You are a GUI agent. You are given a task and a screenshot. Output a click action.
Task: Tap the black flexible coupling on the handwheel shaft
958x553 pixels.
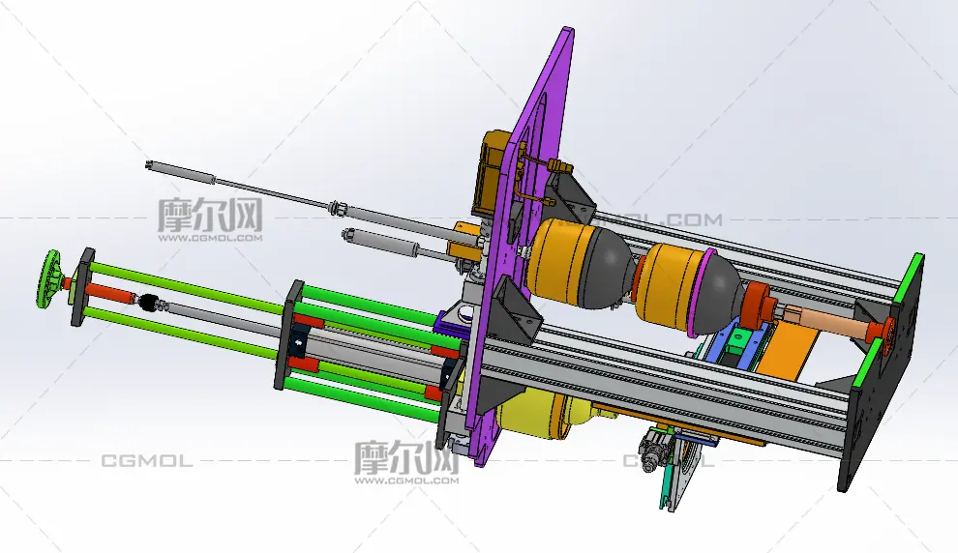pos(148,302)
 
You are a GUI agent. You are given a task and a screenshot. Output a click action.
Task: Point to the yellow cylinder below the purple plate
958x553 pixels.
pos(538,415)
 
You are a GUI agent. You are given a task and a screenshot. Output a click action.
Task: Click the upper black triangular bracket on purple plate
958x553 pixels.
pos(567,195)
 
